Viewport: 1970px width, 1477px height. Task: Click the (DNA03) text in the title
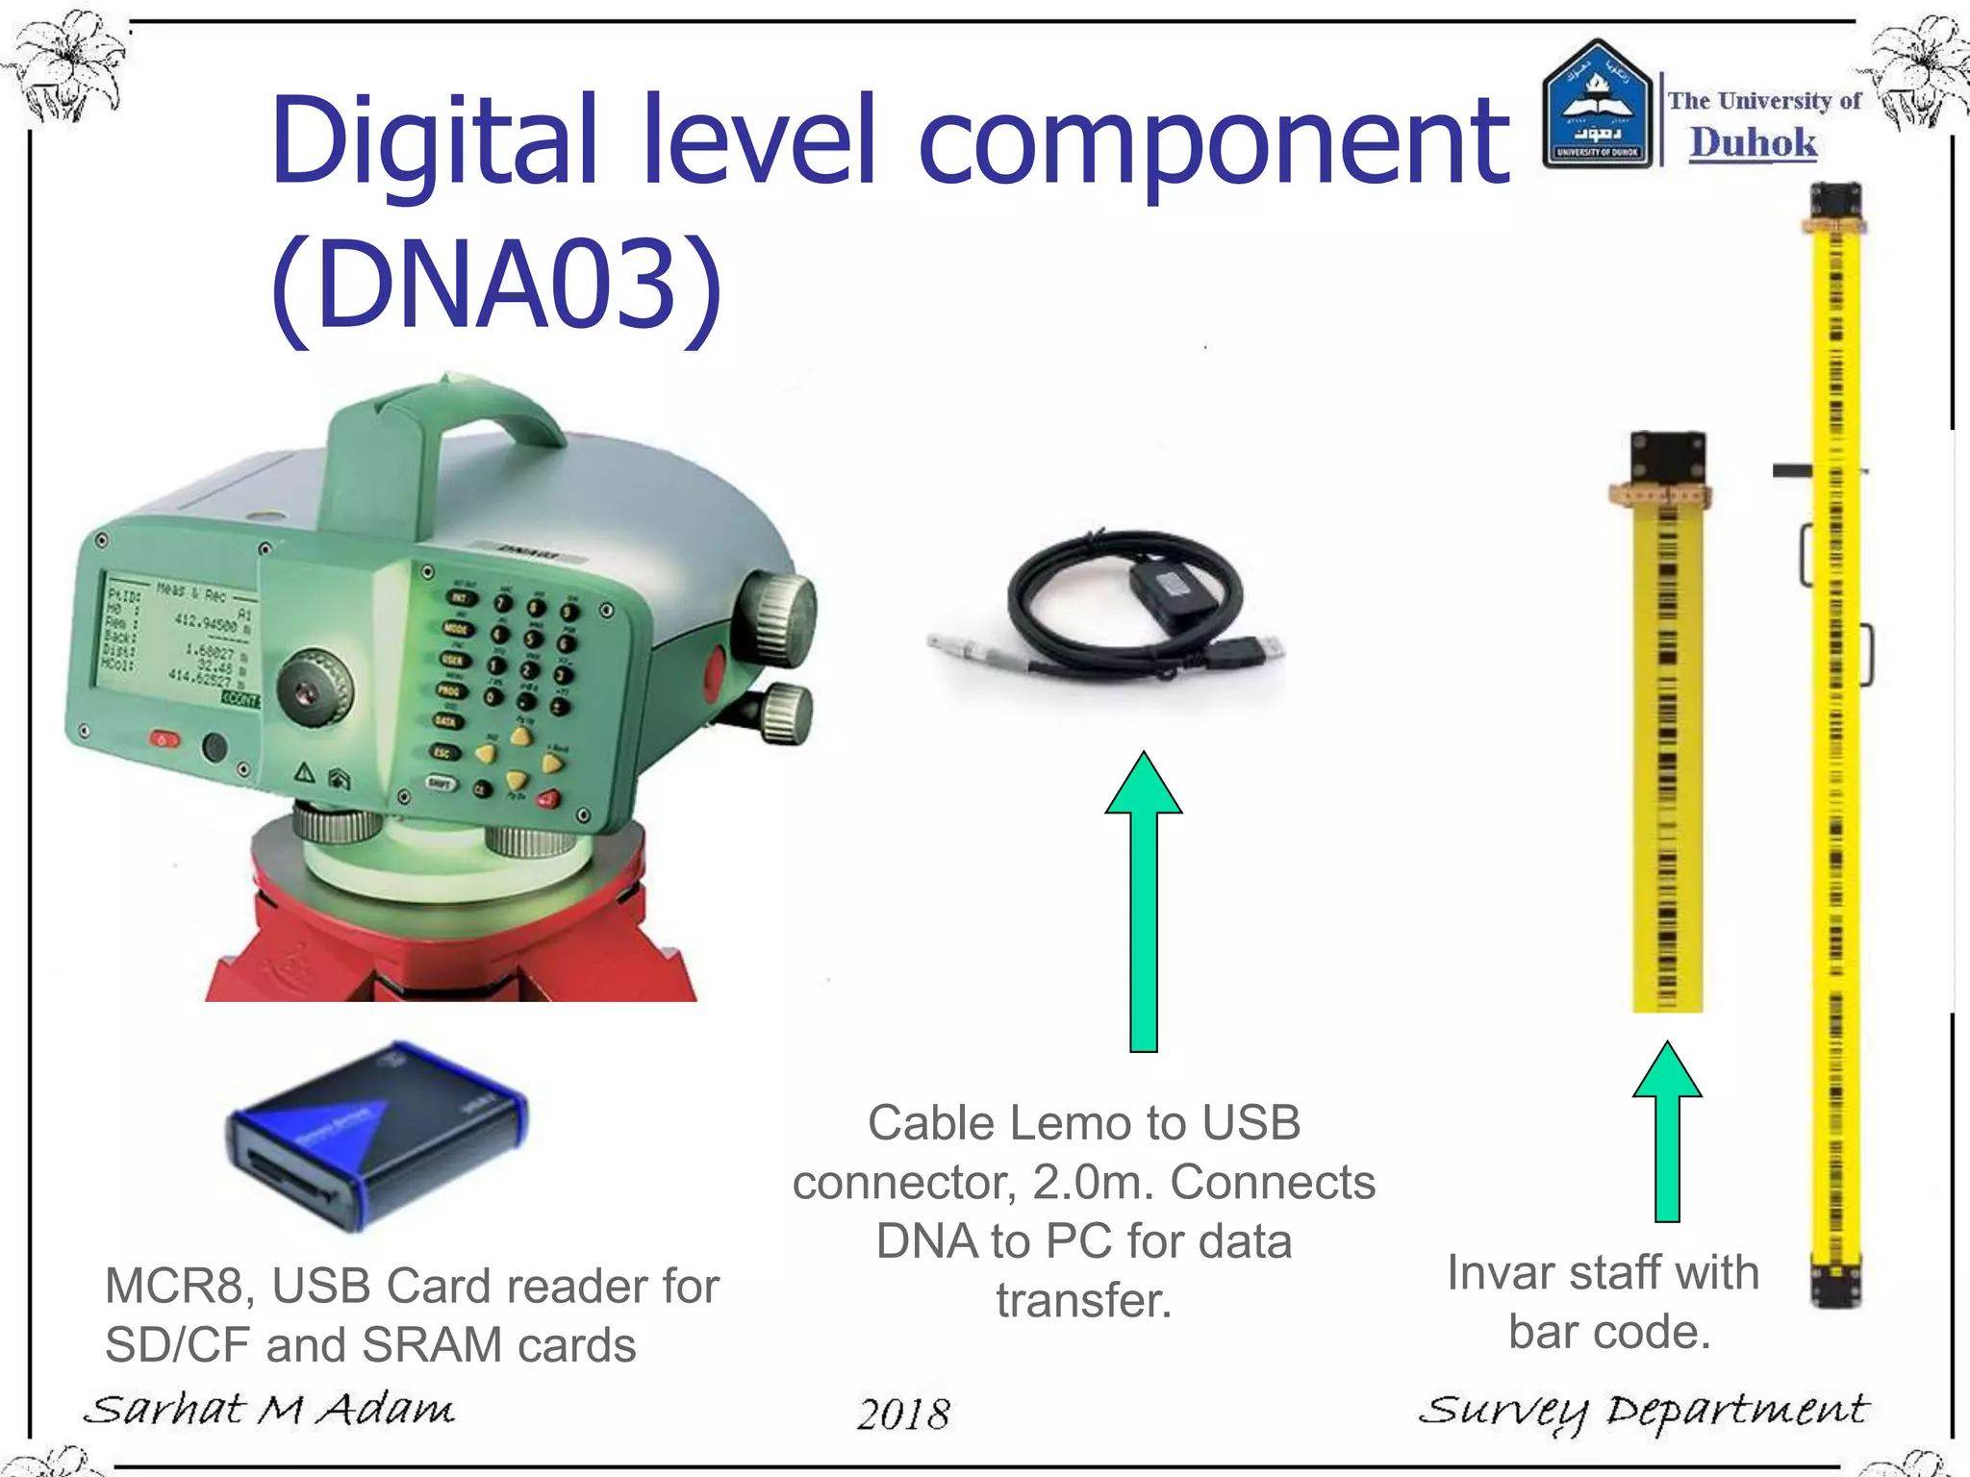[x=495, y=285]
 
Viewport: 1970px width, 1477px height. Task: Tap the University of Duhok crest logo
[x=1597, y=106]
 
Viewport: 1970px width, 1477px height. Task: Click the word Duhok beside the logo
[x=1753, y=143]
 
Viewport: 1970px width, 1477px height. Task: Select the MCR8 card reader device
[x=376, y=1135]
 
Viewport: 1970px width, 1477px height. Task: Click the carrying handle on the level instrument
[x=452, y=433]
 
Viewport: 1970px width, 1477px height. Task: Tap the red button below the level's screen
[x=164, y=739]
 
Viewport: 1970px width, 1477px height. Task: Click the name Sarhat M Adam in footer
[x=269, y=1410]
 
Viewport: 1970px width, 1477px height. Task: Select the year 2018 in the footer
[x=903, y=1414]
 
